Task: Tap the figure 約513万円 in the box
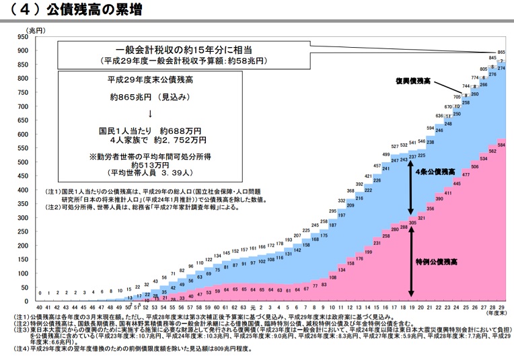point(148,164)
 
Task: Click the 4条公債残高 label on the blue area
point(437,172)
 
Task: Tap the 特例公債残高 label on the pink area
point(439,260)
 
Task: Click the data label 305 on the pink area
point(412,223)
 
